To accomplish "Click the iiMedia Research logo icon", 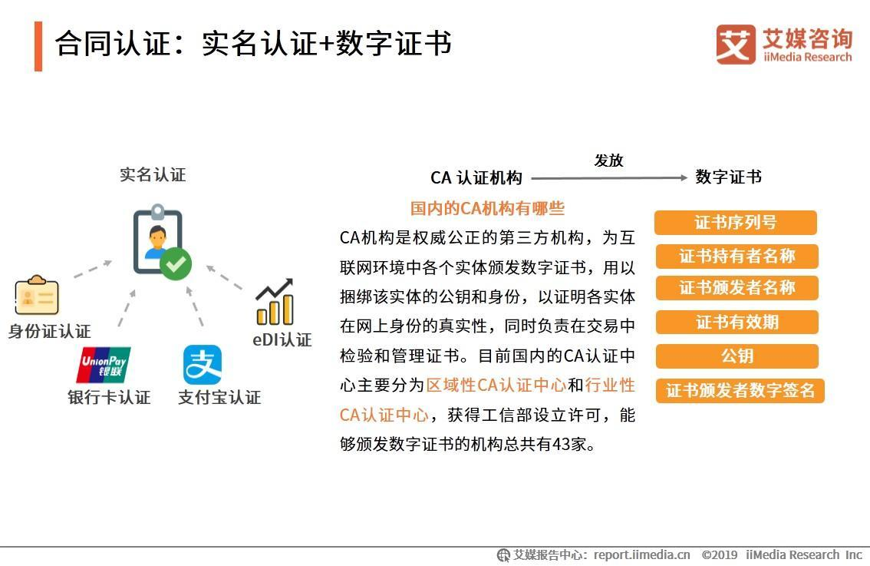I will (735, 45).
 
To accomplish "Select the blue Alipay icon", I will (203, 365).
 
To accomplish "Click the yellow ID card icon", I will (37, 296).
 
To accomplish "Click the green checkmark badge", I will (176, 265).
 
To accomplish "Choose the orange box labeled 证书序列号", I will (735, 223).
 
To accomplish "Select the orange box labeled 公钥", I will (737, 356).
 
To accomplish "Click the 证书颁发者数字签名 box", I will (740, 390).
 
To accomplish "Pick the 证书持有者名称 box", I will (737, 256).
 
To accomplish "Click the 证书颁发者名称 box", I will (737, 288).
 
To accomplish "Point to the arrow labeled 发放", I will (609, 177).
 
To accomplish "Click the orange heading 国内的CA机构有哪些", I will (487, 208).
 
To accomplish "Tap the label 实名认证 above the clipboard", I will (153, 175).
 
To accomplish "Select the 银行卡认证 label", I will (109, 397).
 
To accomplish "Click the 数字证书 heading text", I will (728, 177).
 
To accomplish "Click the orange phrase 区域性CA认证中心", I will (496, 385).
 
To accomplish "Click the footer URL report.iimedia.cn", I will (641, 554).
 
